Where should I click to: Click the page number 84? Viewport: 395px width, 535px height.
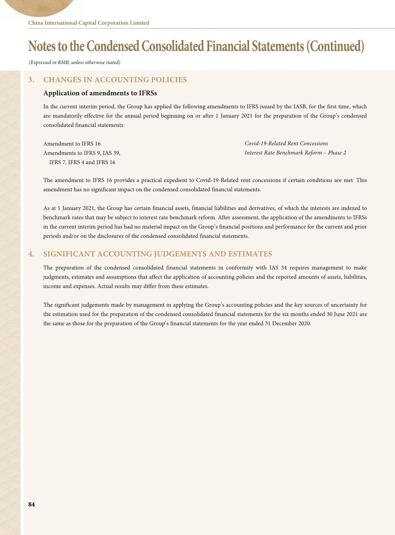pyautogui.click(x=32, y=505)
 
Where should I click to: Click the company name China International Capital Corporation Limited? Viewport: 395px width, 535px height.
pyautogui.click(x=89, y=23)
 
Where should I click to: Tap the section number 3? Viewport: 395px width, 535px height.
pyautogui.click(x=31, y=80)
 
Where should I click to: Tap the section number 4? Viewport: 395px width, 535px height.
pyautogui.click(x=31, y=254)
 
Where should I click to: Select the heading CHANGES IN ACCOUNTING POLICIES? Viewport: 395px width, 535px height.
pyautogui.click(x=115, y=80)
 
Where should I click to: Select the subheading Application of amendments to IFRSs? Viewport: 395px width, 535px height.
pyautogui.click(x=100, y=93)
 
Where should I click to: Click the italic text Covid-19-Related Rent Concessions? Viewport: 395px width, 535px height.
pyautogui.click(x=286, y=143)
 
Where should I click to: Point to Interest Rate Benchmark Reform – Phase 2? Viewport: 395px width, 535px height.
pyautogui.click(x=295, y=153)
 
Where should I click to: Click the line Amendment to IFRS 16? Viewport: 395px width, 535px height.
pyautogui.click(x=72, y=144)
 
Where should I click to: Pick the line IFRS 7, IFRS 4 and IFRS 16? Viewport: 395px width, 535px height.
pyautogui.click(x=82, y=162)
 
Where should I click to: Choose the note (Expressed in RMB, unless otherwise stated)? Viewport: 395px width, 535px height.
pyautogui.click(x=74, y=62)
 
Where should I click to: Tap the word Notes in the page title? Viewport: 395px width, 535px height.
pyautogui.click(x=41, y=46)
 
